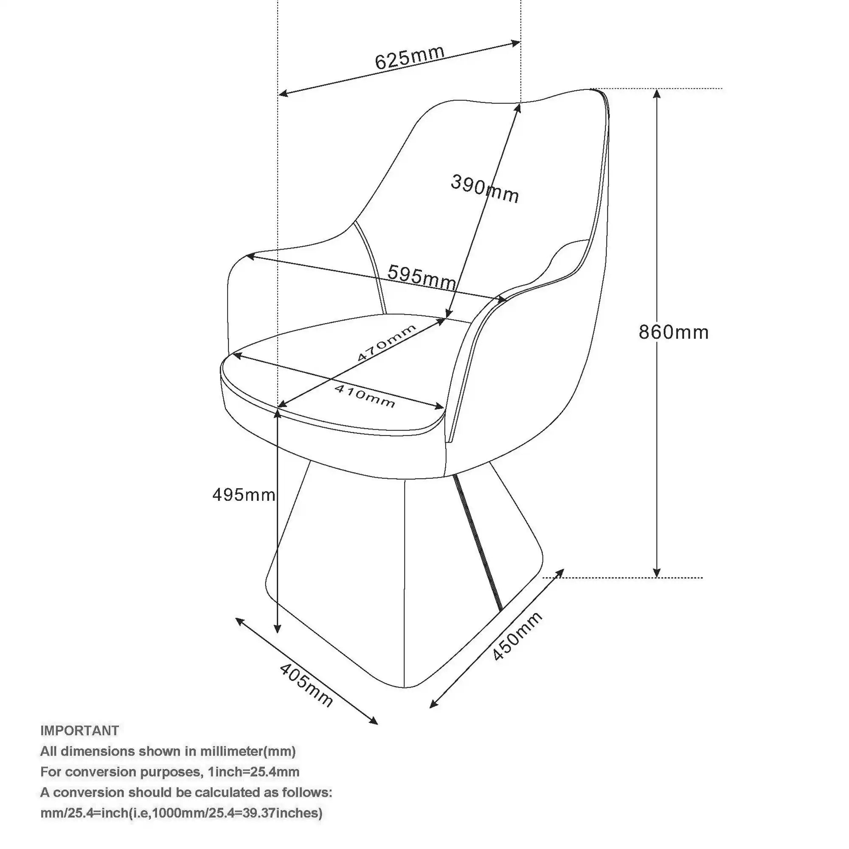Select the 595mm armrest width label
coord(422,278)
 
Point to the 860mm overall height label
coord(674,332)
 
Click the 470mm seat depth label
coord(386,343)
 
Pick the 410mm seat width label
coord(365,396)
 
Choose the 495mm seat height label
coord(244,495)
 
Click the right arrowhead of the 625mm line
coord(517,43)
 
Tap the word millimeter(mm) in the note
coord(248,751)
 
